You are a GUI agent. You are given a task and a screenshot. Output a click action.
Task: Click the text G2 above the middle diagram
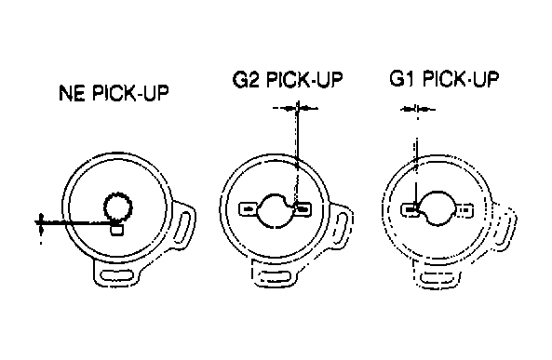[246, 79]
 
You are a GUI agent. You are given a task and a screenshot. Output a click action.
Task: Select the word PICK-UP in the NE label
[130, 93]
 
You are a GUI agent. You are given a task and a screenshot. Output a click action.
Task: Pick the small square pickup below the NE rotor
[117, 230]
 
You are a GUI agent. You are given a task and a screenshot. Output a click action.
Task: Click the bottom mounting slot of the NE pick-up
[117, 275]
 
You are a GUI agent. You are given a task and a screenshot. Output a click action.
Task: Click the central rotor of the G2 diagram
[275, 210]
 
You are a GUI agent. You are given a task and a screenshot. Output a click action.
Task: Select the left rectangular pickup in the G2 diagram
[249, 209]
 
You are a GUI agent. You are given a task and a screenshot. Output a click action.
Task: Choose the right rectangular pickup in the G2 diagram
[303, 209]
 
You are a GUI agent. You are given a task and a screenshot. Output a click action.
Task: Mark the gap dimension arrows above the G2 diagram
[296, 109]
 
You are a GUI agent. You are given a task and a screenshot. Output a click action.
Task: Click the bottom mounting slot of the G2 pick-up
[275, 276]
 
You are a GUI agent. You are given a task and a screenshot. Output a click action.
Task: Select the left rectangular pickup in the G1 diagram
[411, 210]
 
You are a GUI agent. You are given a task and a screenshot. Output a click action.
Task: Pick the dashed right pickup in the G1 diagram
[464, 210]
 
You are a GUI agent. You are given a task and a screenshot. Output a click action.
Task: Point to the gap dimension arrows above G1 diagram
[418, 110]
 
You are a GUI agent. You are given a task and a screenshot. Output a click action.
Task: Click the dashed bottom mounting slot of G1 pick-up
[437, 276]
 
